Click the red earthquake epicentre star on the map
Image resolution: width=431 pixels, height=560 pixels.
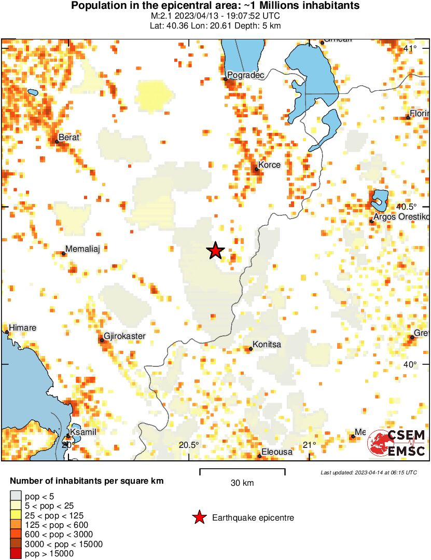point(215,251)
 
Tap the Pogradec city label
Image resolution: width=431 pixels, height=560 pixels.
point(246,76)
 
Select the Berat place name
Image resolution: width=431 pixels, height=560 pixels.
point(69,138)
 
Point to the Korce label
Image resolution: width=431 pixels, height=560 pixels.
point(270,165)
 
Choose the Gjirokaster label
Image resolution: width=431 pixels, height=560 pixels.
point(124,336)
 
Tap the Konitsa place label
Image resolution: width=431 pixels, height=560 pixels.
point(267,345)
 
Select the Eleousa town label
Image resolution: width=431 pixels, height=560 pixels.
point(277,452)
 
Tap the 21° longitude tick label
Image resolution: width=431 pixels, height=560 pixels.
point(310,445)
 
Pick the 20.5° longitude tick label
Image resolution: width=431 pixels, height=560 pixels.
point(189,445)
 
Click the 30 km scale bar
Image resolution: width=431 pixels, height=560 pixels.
point(242,472)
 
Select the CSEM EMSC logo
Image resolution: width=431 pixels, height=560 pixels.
point(397,443)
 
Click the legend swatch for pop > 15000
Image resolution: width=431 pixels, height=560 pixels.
point(16,554)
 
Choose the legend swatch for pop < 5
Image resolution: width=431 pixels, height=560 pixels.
point(16,497)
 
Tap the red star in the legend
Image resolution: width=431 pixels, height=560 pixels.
point(199,517)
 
